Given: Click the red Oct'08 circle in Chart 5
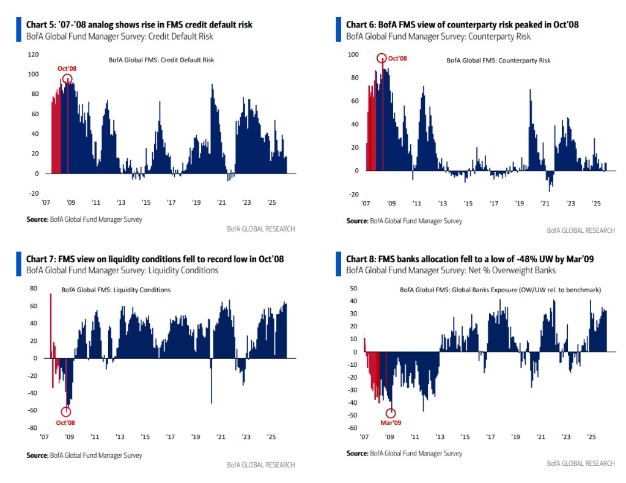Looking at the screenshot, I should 67,79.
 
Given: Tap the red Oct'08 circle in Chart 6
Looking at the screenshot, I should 382,59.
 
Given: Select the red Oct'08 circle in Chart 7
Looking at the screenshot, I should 66,411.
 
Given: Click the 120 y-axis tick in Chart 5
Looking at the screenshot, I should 33,54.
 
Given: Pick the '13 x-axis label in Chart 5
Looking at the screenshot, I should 121,202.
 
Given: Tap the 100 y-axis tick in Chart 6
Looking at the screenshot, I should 353,54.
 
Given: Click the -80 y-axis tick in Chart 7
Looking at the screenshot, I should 33,428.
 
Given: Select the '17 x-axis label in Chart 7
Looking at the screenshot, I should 171,437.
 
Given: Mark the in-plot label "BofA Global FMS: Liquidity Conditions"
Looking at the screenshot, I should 116,290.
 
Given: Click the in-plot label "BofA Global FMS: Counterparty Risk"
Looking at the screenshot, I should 498,61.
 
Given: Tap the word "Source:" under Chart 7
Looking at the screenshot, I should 37,455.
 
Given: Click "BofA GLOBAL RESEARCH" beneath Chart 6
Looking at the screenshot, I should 581,230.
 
